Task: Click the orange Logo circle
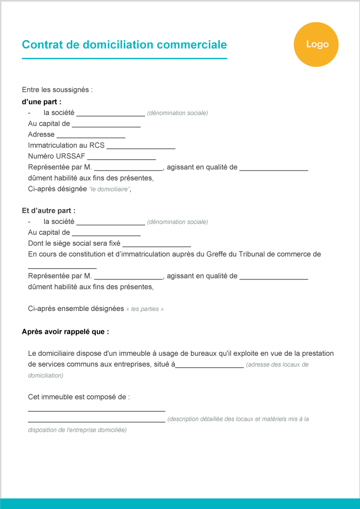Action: click(x=316, y=45)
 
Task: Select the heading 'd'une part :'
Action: click(x=42, y=102)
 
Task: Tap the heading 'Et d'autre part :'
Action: click(x=49, y=210)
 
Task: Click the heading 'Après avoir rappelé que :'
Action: click(x=65, y=331)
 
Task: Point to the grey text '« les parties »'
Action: click(x=145, y=309)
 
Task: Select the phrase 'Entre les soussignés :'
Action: click(x=57, y=90)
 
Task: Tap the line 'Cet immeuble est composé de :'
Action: click(x=79, y=397)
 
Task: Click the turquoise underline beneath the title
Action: click(x=124, y=59)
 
